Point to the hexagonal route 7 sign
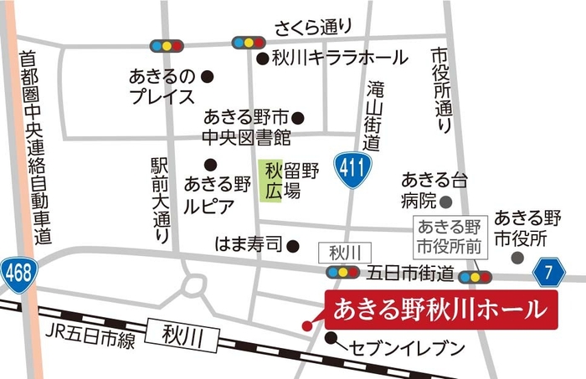[547, 271]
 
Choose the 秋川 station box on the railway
[179, 335]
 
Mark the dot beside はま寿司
[293, 246]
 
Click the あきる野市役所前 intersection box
[450, 236]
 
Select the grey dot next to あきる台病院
[446, 201]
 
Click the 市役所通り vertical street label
[440, 90]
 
